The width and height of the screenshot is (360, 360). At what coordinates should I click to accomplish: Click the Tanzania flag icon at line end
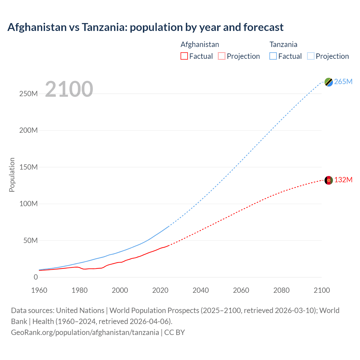tap(328, 82)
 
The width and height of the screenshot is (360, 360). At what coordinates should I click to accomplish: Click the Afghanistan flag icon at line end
tap(328, 180)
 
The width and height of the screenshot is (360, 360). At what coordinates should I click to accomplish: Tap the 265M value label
tap(343, 82)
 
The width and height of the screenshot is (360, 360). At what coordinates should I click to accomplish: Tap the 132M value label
tap(343, 180)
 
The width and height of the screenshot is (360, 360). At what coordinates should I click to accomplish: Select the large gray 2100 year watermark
tap(69, 89)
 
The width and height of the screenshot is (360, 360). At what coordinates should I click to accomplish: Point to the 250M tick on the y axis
tap(28, 94)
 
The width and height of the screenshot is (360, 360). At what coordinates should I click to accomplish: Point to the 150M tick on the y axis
tap(28, 167)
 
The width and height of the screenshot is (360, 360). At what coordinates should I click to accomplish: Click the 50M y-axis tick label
tap(30, 240)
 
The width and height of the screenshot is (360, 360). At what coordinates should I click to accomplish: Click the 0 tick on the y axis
tap(36, 277)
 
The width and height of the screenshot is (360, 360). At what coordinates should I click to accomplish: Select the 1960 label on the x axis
tap(39, 290)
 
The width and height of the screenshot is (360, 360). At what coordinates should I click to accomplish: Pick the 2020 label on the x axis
tap(160, 290)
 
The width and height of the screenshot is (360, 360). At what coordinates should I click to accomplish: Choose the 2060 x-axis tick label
tap(241, 290)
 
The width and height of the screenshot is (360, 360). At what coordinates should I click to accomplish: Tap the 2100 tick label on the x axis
tap(322, 290)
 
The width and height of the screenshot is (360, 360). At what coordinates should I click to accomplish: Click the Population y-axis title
tap(12, 175)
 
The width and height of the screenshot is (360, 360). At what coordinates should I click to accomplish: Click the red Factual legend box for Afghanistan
tap(184, 56)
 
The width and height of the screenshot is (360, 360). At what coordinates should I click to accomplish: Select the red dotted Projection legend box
tap(222, 56)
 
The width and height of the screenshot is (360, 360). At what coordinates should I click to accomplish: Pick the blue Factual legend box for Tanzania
tap(273, 56)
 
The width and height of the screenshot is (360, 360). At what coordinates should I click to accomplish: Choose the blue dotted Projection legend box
tap(311, 56)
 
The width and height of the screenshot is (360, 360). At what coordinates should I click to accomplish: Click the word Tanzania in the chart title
tap(104, 27)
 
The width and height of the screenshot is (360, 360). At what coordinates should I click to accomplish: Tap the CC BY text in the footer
tap(174, 332)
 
